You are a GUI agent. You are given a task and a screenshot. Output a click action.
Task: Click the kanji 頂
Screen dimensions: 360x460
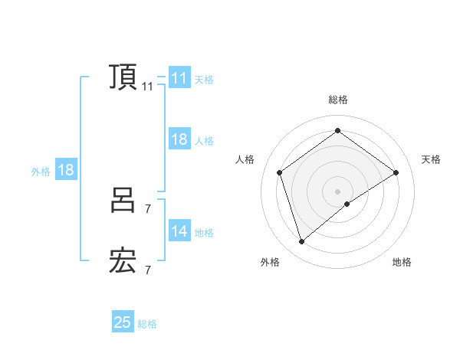pyautogui.click(x=123, y=77)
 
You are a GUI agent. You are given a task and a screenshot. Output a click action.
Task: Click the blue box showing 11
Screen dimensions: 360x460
pyautogui.click(x=179, y=78)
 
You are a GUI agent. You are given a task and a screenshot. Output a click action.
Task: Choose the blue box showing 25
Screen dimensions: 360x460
pyautogui.click(x=123, y=322)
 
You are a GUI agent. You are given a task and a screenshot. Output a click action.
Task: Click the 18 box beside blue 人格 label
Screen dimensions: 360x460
pyautogui.click(x=179, y=139)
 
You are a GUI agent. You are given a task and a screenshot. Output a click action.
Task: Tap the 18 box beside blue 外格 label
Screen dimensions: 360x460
pyautogui.click(x=66, y=170)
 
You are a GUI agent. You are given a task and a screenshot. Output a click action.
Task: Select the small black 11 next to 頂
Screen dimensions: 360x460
pyautogui.click(x=147, y=87)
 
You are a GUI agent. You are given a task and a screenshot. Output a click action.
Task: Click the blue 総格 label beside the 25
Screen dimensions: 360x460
pyautogui.click(x=147, y=324)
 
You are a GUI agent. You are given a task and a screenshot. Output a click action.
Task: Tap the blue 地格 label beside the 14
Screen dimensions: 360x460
pyautogui.click(x=204, y=233)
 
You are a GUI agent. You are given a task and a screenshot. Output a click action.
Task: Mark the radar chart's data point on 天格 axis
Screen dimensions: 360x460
pyautogui.click(x=396, y=172)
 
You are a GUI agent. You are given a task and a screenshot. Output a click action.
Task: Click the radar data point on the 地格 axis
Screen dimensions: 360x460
pyautogui.click(x=347, y=204)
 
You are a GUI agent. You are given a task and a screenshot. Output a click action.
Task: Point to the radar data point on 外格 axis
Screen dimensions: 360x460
pyautogui.click(x=302, y=242)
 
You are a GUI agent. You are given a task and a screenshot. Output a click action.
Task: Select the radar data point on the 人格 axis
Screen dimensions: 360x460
pyautogui.click(x=280, y=172)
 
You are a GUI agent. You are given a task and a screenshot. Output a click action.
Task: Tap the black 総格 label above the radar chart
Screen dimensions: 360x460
pyautogui.click(x=338, y=100)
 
